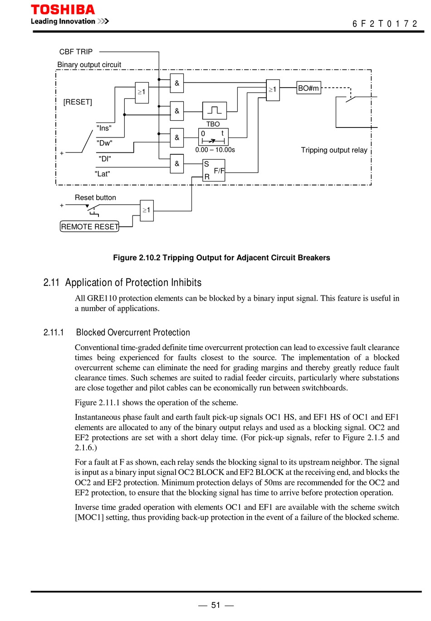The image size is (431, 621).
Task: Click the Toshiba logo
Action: click(63, 10)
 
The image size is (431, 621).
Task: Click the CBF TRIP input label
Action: click(76, 52)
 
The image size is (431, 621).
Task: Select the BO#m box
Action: click(309, 88)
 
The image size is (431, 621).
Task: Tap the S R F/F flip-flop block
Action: click(214, 171)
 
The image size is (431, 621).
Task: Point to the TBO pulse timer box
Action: click(215, 111)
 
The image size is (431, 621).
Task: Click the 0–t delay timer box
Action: click(213, 137)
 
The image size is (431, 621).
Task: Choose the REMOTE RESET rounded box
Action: click(89, 226)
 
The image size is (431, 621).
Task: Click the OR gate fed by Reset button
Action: click(147, 210)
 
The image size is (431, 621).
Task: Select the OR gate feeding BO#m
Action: click(273, 90)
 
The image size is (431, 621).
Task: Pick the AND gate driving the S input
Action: click(176, 164)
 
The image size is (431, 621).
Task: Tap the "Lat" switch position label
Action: click(103, 174)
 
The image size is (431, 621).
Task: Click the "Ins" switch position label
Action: click(104, 128)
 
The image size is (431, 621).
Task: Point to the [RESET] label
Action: click(78, 102)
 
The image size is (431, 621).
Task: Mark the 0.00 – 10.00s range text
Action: click(215, 150)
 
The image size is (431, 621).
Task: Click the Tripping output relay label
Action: click(334, 150)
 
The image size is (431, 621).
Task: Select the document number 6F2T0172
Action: click(384, 24)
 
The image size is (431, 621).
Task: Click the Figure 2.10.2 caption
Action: click(221, 258)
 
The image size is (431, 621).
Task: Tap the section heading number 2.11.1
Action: click(54, 332)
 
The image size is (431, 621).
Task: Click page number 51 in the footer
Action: click(215, 605)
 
